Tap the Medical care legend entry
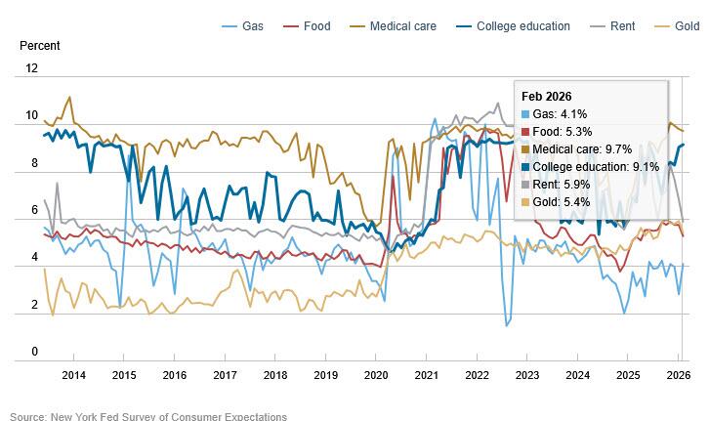pyautogui.click(x=394, y=26)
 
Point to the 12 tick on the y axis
pyautogui.click(x=32, y=68)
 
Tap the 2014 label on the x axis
pyautogui.click(x=73, y=375)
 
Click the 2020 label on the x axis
pyautogui.click(x=376, y=375)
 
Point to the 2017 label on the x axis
pyautogui.click(x=225, y=375)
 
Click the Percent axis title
pyautogui.click(x=38, y=45)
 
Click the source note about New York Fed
pyautogui.click(x=148, y=416)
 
